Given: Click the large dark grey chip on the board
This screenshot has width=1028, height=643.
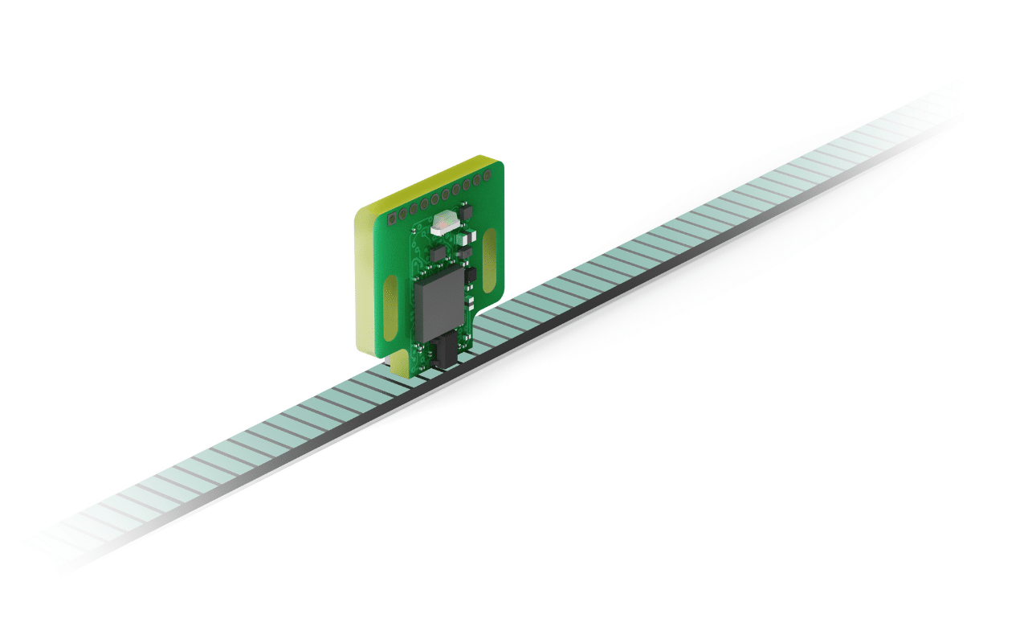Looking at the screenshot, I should tap(440, 303).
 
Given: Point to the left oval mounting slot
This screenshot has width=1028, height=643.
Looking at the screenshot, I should tap(390, 309).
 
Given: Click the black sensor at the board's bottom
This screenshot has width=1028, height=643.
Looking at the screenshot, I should tap(443, 354).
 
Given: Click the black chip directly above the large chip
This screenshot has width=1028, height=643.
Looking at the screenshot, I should tap(436, 254).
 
